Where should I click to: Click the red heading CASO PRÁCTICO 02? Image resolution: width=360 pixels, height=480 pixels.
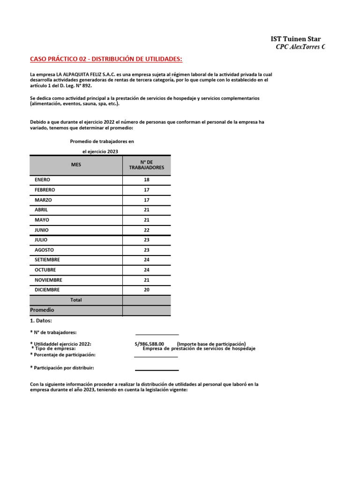(106, 59)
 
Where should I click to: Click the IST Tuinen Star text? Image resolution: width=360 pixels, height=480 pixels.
(296, 39)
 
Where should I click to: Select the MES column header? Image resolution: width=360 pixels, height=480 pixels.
(76, 165)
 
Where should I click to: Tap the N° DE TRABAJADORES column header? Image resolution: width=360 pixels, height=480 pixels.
(147, 165)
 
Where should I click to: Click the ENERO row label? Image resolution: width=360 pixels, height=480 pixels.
(42, 180)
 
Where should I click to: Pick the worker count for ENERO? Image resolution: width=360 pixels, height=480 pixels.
(147, 180)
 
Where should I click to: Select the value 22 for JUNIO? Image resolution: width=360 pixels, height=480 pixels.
(147, 230)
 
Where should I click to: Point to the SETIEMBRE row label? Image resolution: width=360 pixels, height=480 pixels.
(47, 260)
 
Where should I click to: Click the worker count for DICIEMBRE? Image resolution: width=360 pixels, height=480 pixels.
(147, 290)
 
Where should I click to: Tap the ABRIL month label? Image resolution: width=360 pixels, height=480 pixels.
(41, 210)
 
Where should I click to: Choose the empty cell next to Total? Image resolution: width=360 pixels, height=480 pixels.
(147, 300)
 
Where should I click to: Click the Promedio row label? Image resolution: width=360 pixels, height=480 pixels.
(42, 310)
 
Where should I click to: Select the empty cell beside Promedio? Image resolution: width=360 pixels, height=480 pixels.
(147, 310)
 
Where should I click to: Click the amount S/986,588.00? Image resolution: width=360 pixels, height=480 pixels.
(149, 344)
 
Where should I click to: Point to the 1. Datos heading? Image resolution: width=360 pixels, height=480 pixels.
(41, 321)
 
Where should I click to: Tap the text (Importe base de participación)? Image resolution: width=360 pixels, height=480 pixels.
(211, 344)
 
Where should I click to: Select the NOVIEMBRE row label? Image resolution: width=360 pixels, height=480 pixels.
(48, 280)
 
